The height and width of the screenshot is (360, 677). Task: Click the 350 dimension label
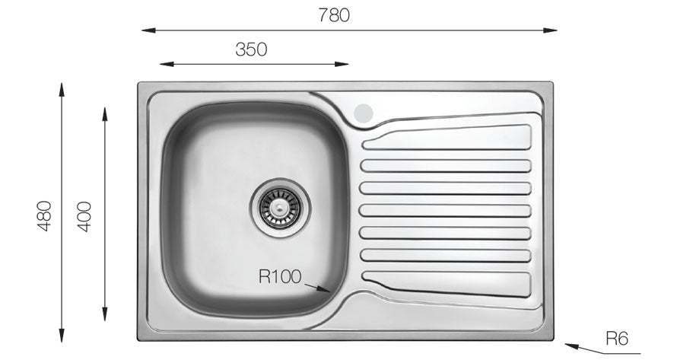pos(251,49)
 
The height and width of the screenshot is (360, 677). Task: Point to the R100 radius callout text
pos(281,276)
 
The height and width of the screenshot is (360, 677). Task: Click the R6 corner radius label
pos(617,339)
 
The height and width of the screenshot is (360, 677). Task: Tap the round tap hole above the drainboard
pos(364,113)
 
